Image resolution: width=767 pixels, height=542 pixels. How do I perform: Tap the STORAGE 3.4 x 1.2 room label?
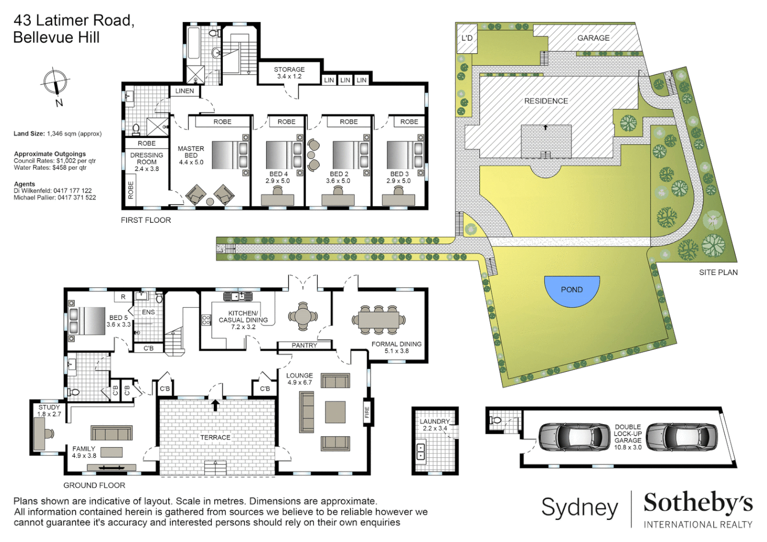289,73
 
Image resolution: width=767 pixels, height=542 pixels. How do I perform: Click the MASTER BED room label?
191,155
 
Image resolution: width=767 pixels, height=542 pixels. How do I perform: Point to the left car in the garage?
574,437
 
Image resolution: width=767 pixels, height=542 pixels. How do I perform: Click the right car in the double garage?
681,437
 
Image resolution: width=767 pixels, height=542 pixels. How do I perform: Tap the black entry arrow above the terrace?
215,404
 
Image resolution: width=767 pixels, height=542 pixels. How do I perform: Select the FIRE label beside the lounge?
367,412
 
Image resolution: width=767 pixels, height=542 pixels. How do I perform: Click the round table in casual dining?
303,317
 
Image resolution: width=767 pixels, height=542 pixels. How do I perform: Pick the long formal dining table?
378,320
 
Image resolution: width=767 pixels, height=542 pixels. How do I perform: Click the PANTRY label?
304,345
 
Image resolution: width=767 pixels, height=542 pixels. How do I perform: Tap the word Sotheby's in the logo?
698,503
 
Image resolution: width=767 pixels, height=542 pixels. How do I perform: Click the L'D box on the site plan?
467,38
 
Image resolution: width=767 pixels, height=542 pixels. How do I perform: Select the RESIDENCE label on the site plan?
546,101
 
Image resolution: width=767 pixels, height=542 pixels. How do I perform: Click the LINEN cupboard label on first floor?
184,91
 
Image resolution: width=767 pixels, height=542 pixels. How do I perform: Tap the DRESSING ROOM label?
147,159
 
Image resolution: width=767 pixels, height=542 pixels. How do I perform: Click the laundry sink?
421,452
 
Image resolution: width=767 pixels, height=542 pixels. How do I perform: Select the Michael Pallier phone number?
77,198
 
